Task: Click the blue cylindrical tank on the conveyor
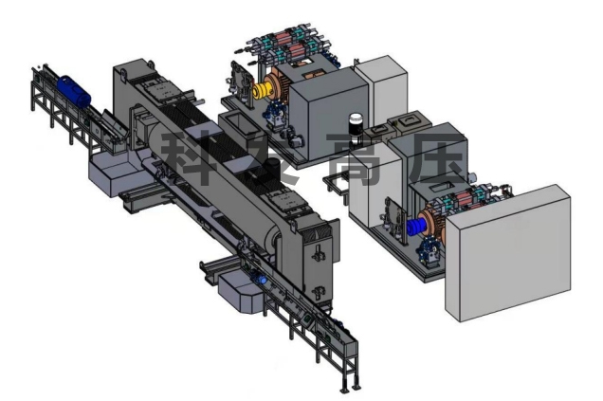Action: (74, 92)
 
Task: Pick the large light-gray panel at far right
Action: (507, 252)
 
